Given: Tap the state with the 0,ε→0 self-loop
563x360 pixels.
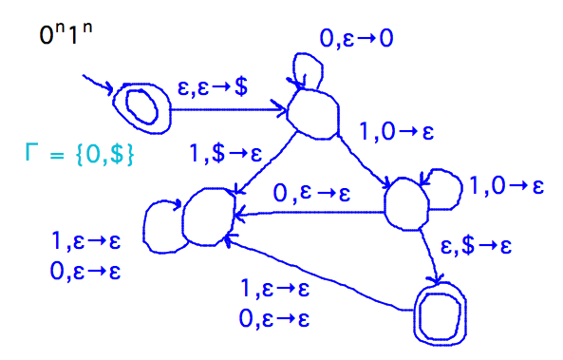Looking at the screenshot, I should tap(313, 113).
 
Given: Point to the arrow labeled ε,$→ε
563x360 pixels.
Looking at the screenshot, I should tap(429, 252).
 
